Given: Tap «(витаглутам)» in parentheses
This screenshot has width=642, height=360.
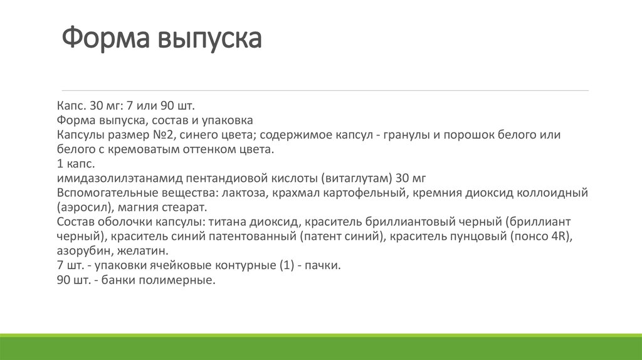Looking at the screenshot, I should tap(356, 178).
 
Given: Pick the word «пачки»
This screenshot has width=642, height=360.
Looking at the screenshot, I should tap(325, 265).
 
